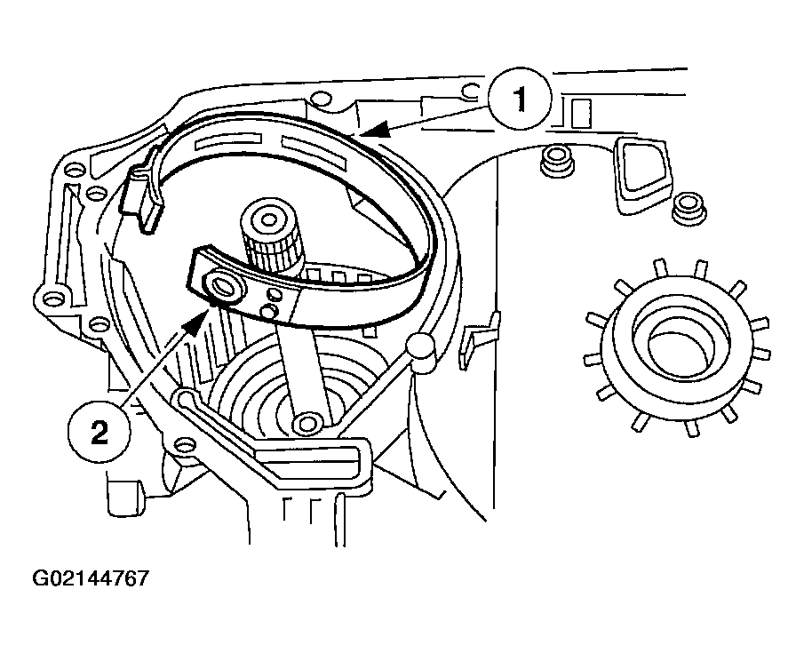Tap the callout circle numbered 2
tap(100, 432)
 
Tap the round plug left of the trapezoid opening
tap(556, 161)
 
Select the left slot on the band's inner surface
tap(227, 143)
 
